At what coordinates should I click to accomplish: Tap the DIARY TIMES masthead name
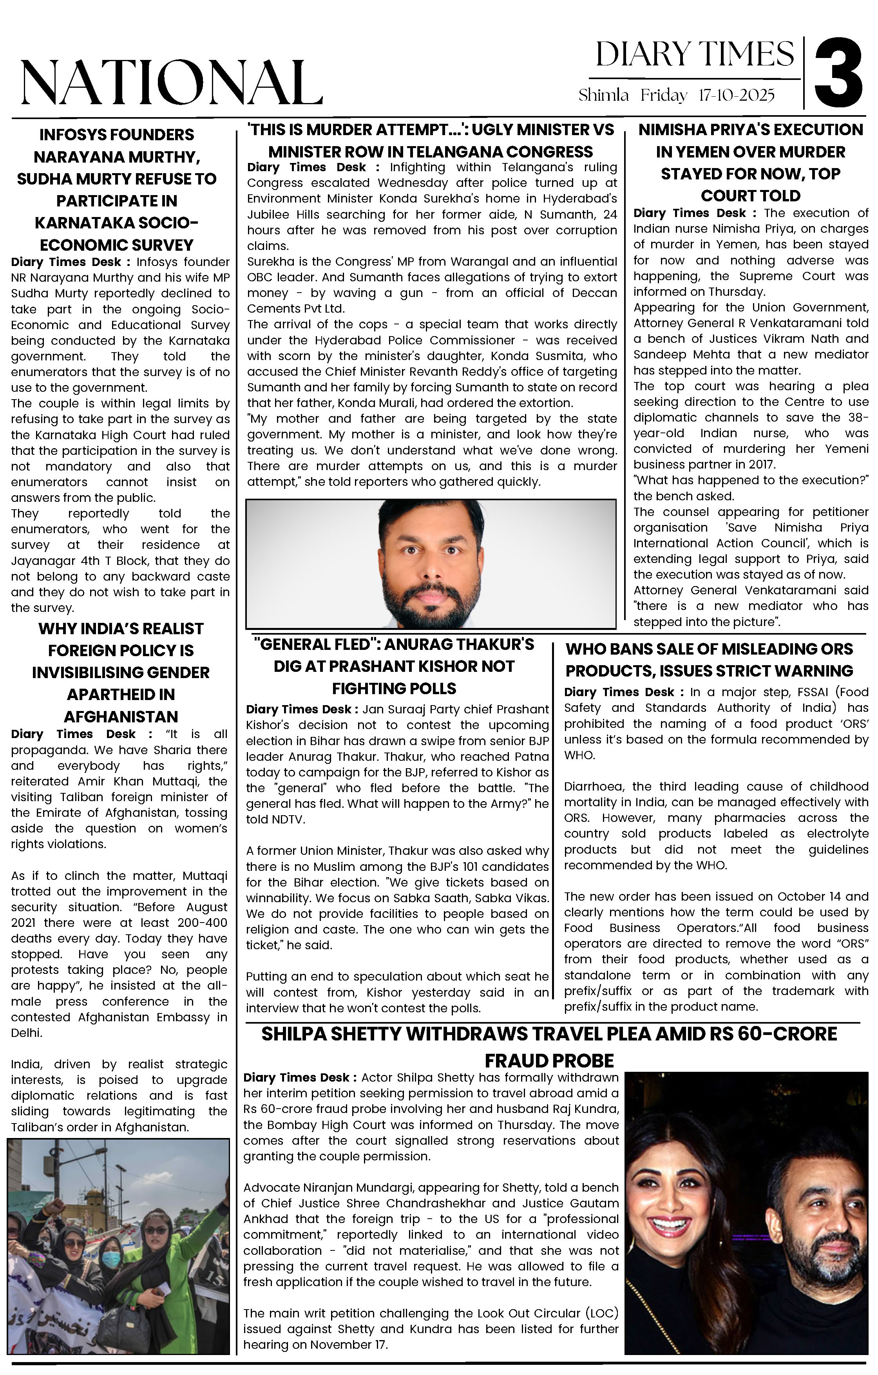(x=695, y=55)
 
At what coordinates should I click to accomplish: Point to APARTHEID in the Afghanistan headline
(x=121, y=694)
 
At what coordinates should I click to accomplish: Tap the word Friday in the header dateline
(x=664, y=95)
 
